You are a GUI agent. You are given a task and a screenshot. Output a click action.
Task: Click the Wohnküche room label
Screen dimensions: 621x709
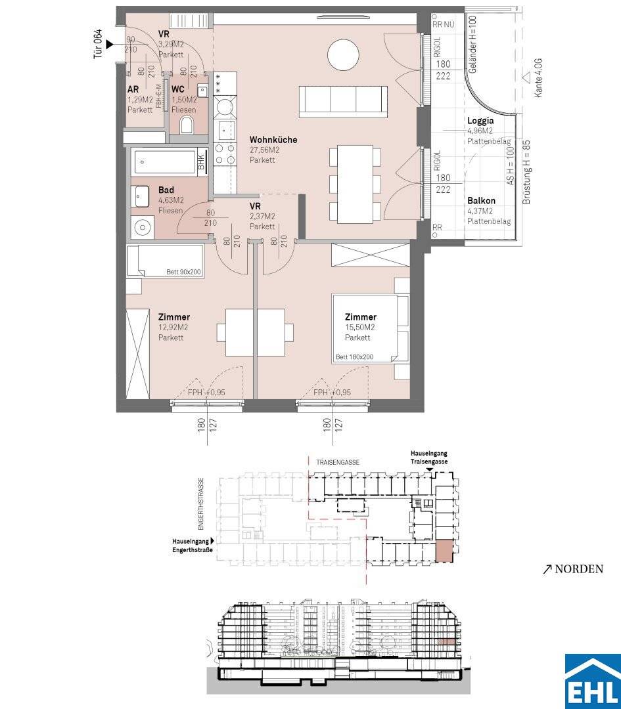[x=273, y=140]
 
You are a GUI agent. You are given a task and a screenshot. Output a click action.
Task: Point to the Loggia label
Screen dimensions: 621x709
[x=480, y=121]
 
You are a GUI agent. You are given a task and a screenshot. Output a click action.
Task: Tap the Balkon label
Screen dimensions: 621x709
[x=481, y=200]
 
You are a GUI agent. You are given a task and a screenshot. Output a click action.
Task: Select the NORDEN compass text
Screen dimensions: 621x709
[x=579, y=569]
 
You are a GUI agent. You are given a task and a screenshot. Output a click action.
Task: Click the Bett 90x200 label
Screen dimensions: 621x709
[x=183, y=272]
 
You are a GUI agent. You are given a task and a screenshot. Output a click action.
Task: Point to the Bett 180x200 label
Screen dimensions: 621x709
[x=354, y=356]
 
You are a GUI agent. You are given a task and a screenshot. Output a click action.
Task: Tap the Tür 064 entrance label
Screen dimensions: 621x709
[x=98, y=45]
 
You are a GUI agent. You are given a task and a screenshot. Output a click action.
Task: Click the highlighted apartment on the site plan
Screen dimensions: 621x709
[x=444, y=551]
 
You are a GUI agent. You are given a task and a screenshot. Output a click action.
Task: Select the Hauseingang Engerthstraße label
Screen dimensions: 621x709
[x=192, y=546]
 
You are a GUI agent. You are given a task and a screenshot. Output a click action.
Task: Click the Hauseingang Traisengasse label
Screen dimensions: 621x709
[x=429, y=457]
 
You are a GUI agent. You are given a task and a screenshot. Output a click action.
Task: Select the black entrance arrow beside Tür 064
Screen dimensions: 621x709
[x=110, y=45]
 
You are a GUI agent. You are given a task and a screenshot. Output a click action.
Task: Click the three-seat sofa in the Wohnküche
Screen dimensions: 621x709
[x=343, y=101]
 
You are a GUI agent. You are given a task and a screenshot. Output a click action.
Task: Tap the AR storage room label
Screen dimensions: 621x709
[x=133, y=89]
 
